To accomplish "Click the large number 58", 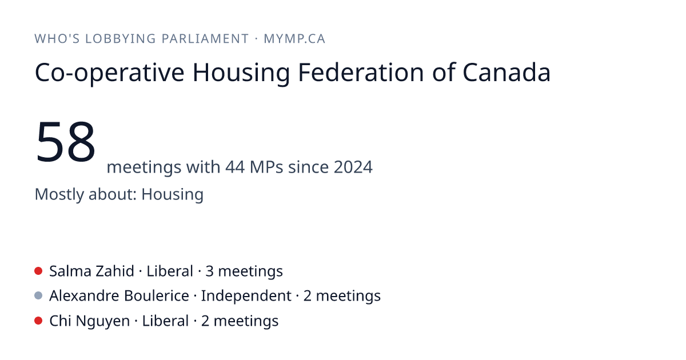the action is click(x=66, y=142).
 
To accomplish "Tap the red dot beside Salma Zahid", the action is click(x=38, y=271).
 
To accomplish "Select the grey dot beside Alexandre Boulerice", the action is click(x=38, y=295).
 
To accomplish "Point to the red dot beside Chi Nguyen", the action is click(x=38, y=321).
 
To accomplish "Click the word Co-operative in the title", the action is click(x=110, y=73).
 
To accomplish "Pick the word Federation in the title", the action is click(x=361, y=72).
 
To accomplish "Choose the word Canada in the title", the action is click(x=506, y=72).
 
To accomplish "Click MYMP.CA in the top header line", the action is click(x=294, y=39).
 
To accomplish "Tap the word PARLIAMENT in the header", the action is click(x=205, y=39).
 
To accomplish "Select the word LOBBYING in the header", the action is click(x=121, y=39).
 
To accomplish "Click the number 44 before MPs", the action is click(x=235, y=167).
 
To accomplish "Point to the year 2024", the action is click(x=353, y=167).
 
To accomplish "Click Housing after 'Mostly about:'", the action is click(x=173, y=194).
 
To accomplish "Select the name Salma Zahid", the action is click(x=91, y=271).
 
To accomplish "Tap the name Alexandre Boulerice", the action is click(x=119, y=296).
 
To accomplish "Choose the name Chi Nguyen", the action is click(x=89, y=321).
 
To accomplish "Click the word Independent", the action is click(x=246, y=296).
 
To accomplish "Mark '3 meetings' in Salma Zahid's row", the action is click(x=244, y=271).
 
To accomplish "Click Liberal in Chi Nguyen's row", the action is click(x=165, y=321).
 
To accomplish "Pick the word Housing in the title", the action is click(x=241, y=73).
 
